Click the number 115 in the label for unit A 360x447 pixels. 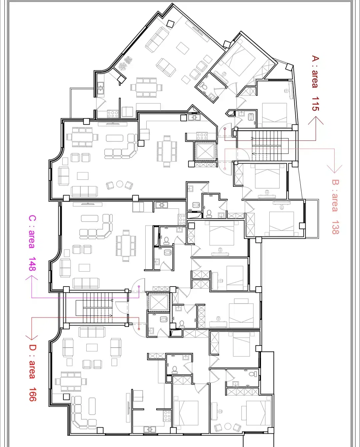click(x=315, y=104)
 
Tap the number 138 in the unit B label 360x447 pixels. click(x=335, y=227)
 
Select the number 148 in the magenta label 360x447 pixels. click(x=32, y=264)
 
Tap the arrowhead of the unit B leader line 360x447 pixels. click(x=334, y=169)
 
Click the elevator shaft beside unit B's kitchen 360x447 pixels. click(x=205, y=151)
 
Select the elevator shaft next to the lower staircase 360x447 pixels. click(x=159, y=302)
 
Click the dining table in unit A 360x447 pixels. click(x=146, y=87)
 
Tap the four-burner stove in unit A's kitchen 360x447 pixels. click(x=113, y=114)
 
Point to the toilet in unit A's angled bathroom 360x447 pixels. click(x=203, y=86)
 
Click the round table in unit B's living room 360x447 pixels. click(x=120, y=184)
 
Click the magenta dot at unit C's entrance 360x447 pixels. click(x=139, y=286)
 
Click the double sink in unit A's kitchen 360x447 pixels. click(x=100, y=88)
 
